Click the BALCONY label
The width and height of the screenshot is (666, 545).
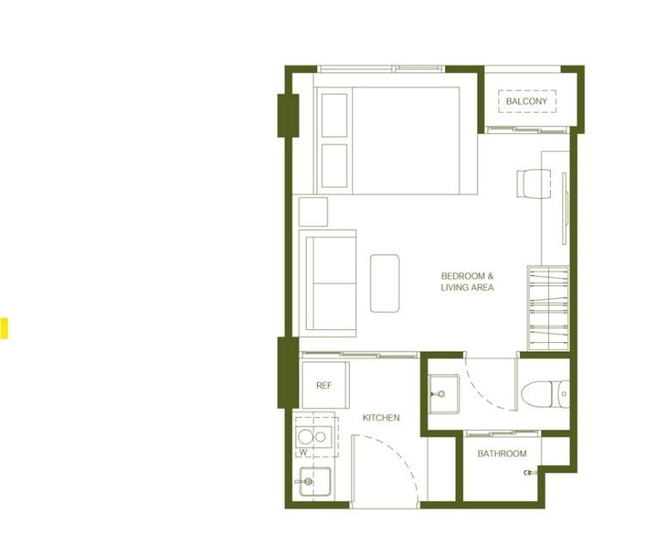click(x=526, y=101)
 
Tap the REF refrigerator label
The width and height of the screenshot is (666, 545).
click(x=324, y=386)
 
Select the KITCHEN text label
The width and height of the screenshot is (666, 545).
click(x=381, y=418)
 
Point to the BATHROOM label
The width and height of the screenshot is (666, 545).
click(x=502, y=454)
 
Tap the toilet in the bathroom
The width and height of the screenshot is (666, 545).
click(x=546, y=395)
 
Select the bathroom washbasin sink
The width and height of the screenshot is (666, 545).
click(x=444, y=394)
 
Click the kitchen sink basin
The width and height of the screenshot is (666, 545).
click(x=315, y=481)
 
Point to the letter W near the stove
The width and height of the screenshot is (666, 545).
click(x=302, y=452)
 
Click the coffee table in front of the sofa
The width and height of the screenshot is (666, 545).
click(x=384, y=284)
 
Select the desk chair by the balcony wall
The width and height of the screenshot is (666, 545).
click(x=534, y=183)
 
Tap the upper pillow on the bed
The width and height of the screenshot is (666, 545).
click(x=334, y=115)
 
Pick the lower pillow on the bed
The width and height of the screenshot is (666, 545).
click(x=334, y=166)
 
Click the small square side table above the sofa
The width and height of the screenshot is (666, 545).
click(x=313, y=211)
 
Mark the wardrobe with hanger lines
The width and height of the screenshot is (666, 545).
click(x=548, y=309)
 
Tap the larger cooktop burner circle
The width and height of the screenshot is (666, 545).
click(x=305, y=437)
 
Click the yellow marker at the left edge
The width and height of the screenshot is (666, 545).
click(x=3, y=328)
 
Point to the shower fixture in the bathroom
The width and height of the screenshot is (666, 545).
click(x=529, y=472)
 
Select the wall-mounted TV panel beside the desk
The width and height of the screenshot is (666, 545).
click(x=565, y=209)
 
